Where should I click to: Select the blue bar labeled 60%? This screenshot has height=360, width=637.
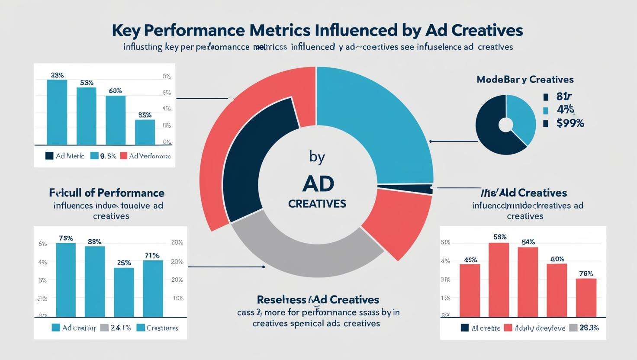[116, 120]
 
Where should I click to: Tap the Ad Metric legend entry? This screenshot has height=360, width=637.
[64, 156]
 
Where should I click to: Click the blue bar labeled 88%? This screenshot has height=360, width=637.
[95, 281]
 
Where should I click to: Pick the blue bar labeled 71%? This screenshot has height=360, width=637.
[153, 288]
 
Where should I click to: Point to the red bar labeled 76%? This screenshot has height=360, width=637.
[586, 297]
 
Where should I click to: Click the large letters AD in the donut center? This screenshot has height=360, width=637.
[318, 184]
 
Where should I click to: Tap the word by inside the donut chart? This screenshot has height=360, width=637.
[317, 157]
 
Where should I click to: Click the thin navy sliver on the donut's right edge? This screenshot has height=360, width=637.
[407, 188]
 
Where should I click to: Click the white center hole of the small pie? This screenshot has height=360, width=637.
[505, 125]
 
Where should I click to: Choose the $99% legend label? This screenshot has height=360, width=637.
[570, 124]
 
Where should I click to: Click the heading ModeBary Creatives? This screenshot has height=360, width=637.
[525, 80]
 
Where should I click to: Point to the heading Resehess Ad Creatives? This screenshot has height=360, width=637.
[318, 299]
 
